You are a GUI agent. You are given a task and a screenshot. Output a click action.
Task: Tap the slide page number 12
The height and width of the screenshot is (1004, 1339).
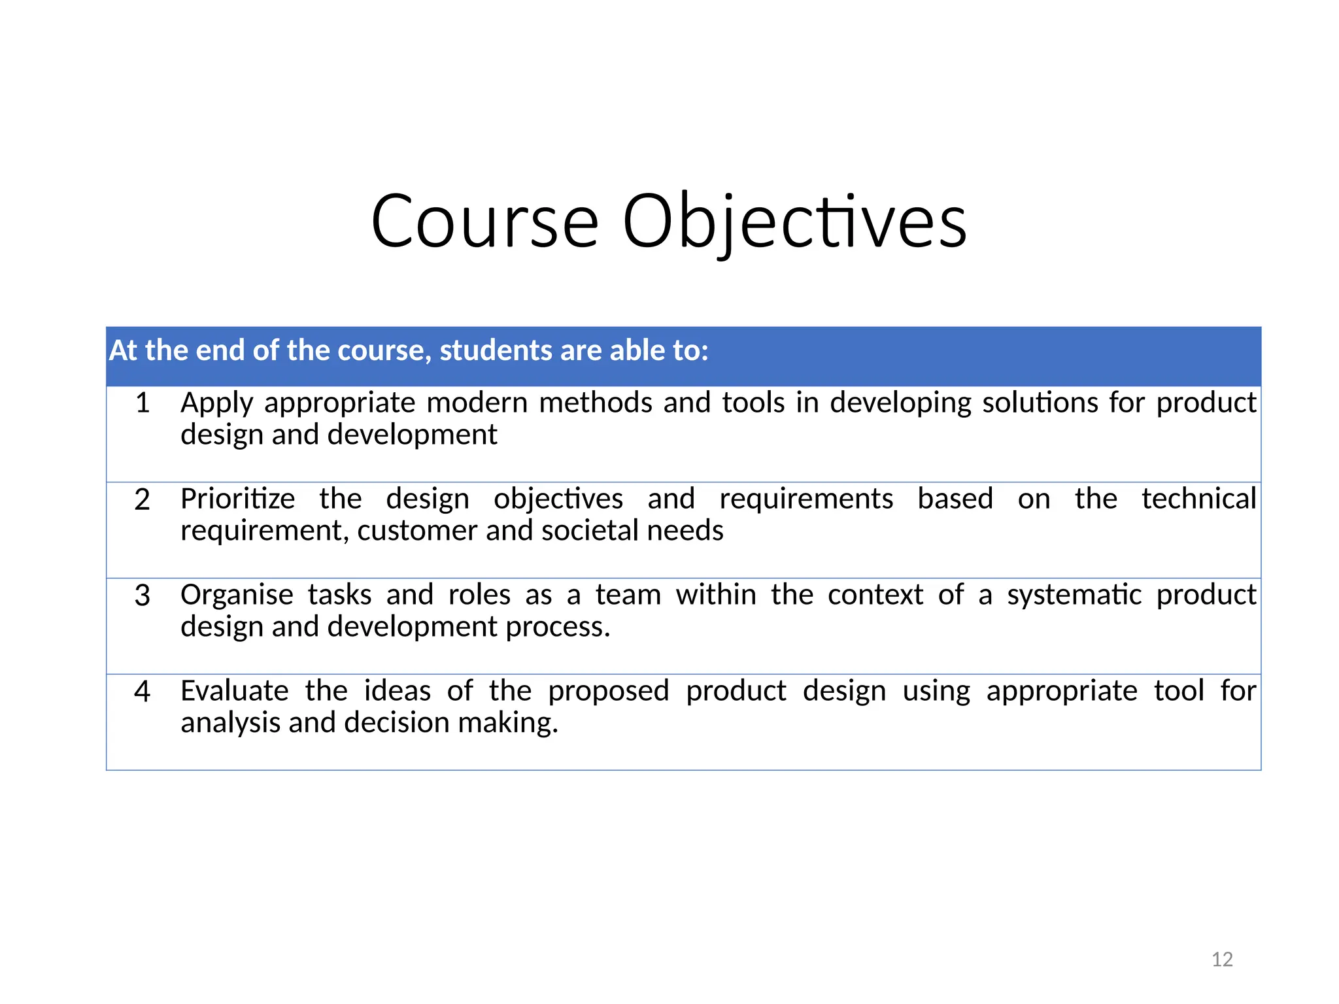tap(1222, 959)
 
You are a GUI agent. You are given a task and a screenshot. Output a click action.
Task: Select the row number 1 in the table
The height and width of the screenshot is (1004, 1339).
tap(143, 403)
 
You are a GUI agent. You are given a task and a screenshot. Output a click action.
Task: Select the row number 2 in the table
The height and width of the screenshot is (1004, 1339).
tap(143, 499)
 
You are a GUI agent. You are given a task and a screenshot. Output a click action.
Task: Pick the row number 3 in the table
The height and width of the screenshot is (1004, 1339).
tap(143, 595)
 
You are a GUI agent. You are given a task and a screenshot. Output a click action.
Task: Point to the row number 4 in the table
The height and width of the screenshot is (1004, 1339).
tap(143, 692)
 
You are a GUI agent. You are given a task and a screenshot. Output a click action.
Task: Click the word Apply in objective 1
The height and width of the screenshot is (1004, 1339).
tap(216, 403)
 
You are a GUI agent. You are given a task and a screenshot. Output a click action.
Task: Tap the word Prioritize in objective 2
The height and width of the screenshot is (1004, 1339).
tap(238, 499)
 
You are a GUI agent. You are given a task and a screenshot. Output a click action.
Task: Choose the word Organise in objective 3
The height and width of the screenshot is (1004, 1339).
tap(237, 595)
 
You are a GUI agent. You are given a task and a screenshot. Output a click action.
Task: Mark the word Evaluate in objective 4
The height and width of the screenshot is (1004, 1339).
tap(235, 691)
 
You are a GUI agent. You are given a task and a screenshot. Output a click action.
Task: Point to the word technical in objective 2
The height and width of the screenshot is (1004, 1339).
tap(1198, 499)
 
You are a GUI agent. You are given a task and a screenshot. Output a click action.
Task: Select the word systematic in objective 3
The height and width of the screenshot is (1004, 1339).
tap(1074, 595)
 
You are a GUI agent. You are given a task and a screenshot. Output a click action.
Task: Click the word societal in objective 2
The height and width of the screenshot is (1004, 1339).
tap(590, 530)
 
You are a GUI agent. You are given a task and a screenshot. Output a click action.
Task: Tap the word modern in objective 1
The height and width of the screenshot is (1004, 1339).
tap(477, 403)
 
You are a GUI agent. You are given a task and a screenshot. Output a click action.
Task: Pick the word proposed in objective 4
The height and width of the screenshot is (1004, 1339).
tap(609, 692)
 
